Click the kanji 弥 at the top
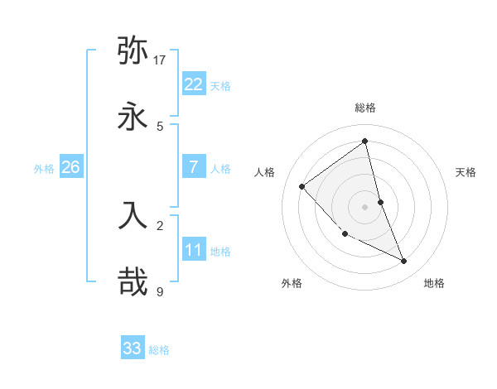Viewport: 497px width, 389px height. [x=133, y=51]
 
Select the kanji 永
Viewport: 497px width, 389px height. [x=133, y=118]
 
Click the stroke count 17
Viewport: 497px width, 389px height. [x=160, y=60]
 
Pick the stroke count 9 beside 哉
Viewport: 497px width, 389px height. [x=159, y=291]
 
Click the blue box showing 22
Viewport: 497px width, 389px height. [x=193, y=84]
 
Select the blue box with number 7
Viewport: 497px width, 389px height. [x=193, y=167]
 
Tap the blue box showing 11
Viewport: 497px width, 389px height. [x=193, y=250]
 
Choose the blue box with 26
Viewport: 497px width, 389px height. [x=70, y=167]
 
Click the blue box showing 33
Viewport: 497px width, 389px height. [x=133, y=348]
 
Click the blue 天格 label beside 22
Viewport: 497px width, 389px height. [x=220, y=86]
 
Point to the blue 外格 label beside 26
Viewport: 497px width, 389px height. [x=44, y=169]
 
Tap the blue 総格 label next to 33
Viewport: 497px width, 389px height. [x=159, y=350]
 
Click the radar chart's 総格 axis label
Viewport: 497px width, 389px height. [x=365, y=108]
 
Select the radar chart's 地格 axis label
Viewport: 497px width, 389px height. [x=434, y=283]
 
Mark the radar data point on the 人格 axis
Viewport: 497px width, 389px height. [x=302, y=186]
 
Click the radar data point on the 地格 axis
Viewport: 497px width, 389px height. [x=404, y=261]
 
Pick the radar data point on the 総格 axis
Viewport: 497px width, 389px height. [x=365, y=141]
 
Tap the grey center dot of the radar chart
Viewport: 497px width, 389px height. [x=365, y=206]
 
